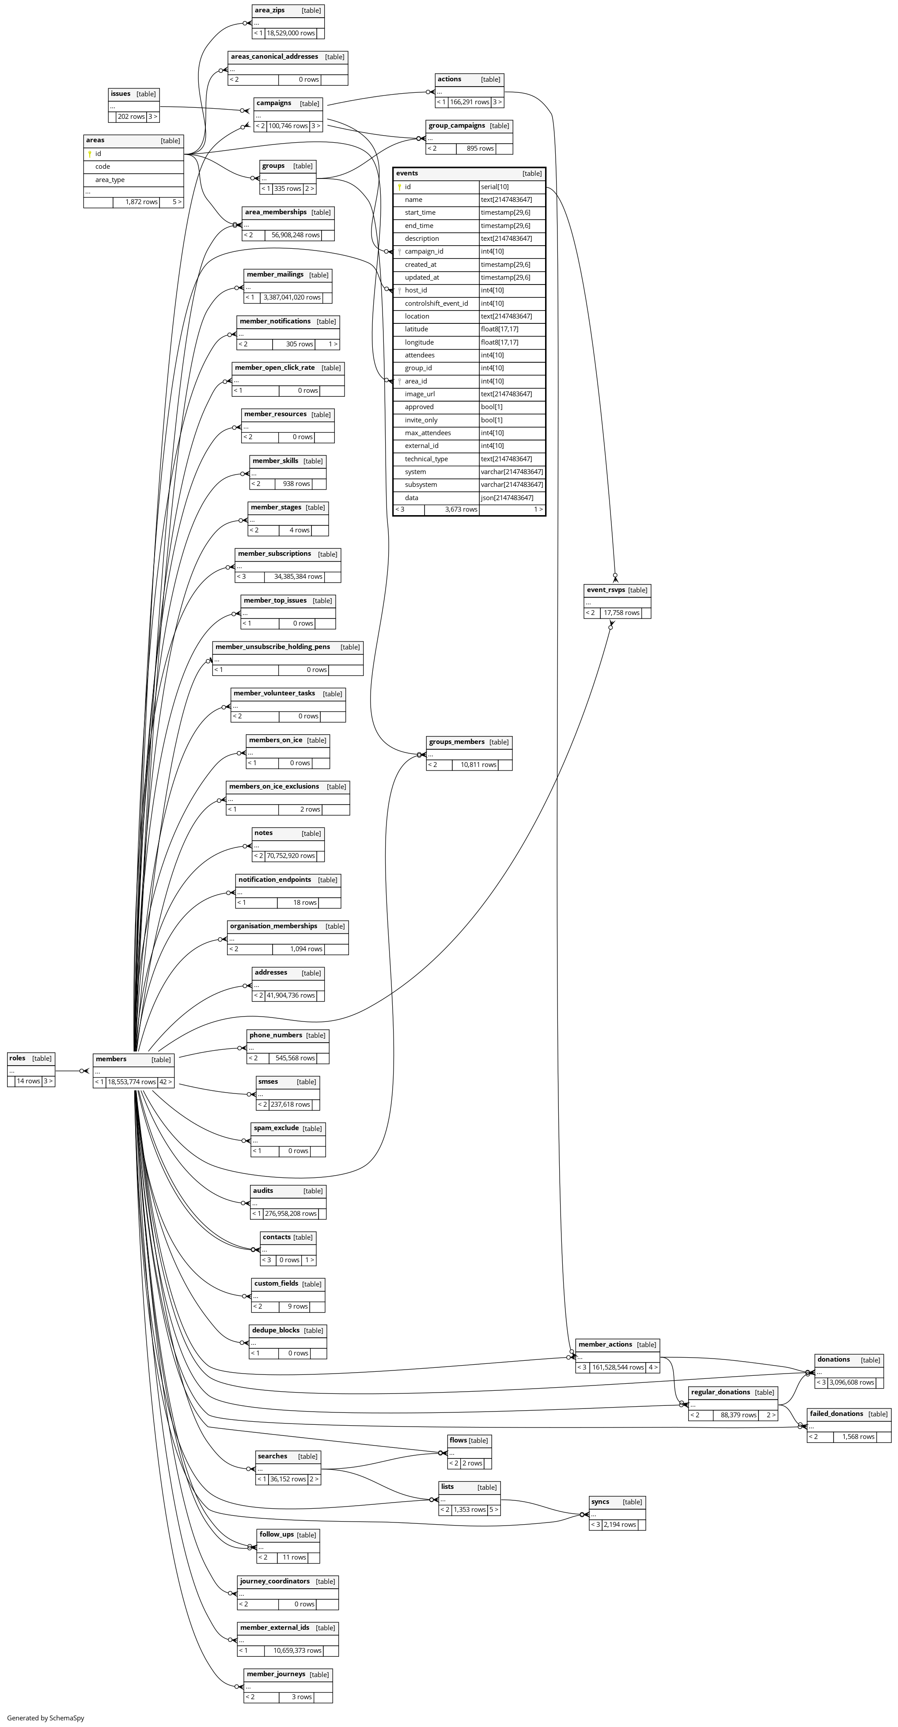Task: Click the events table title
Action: [407, 173]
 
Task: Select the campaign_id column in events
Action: [424, 251]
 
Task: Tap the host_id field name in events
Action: [416, 290]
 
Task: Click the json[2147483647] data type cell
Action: [507, 497]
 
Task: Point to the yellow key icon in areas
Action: [90, 154]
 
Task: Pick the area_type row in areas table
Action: [110, 180]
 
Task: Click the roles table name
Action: [17, 1058]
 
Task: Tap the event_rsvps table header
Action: [606, 590]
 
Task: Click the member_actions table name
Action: [605, 1344]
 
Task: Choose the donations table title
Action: [834, 1359]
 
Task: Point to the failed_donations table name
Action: [836, 1413]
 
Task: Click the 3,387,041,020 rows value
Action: [292, 297]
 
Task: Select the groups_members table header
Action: [456, 741]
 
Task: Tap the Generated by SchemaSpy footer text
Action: [45, 1718]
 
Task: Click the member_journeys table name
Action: [276, 1674]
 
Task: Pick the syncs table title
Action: [600, 1501]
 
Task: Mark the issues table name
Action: [121, 94]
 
